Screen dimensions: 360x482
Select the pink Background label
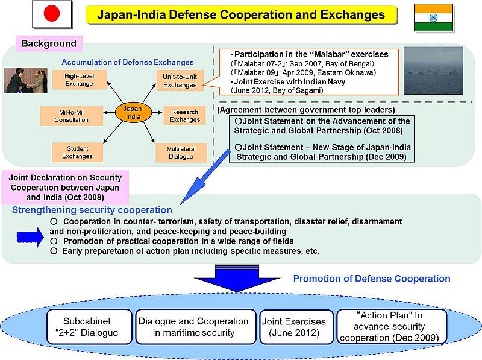click(x=49, y=43)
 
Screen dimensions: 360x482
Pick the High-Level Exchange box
click(x=79, y=79)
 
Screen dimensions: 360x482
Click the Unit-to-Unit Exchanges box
click(x=180, y=81)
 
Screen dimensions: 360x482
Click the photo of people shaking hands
click(x=25, y=80)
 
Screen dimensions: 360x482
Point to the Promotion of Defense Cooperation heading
click(x=372, y=279)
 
